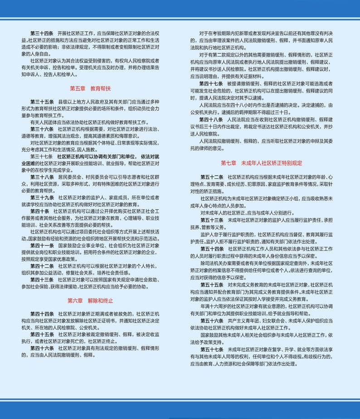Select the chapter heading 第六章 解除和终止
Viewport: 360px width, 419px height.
[90, 300]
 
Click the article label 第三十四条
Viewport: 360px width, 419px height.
[42, 34]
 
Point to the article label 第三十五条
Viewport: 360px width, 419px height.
[42, 101]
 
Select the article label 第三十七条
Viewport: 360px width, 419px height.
[42, 156]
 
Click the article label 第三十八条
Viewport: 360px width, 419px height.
[42, 177]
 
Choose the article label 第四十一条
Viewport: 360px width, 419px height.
[42, 245]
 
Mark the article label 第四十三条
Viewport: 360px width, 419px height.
[42, 279]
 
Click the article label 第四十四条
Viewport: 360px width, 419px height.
[42, 314]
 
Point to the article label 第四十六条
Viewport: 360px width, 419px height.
[42, 348]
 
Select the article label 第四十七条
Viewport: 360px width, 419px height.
[211, 84]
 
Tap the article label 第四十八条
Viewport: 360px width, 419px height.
[211, 119]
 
